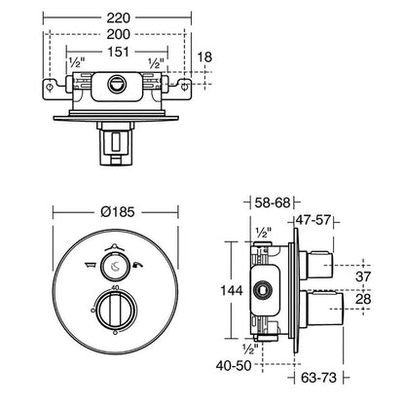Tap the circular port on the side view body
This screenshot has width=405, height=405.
click(x=261, y=288)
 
